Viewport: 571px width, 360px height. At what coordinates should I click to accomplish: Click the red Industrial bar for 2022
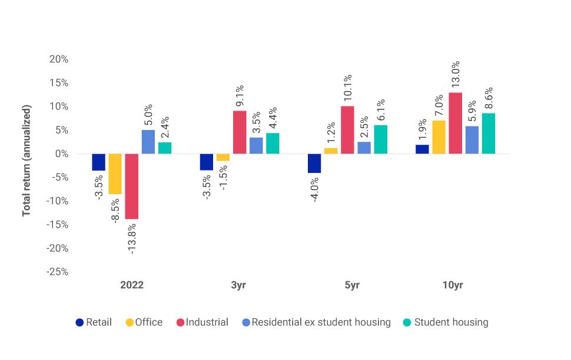tap(132, 186)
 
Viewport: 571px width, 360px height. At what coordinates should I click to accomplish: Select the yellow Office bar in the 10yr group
tap(439, 137)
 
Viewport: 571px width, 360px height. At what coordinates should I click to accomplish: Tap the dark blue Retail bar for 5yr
tap(315, 164)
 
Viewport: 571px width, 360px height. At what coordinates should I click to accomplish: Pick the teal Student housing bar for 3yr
tap(273, 144)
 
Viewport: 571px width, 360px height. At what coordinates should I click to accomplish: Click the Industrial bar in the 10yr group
tap(455, 123)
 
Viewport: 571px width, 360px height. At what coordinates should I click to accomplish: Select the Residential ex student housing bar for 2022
tap(148, 142)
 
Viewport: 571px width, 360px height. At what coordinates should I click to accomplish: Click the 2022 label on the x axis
tap(132, 285)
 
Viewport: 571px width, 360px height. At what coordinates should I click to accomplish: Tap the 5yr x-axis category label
tap(351, 285)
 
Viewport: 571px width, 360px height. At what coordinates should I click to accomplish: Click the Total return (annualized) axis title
tap(26, 160)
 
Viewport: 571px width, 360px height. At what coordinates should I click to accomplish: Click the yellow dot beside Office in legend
tap(129, 322)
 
